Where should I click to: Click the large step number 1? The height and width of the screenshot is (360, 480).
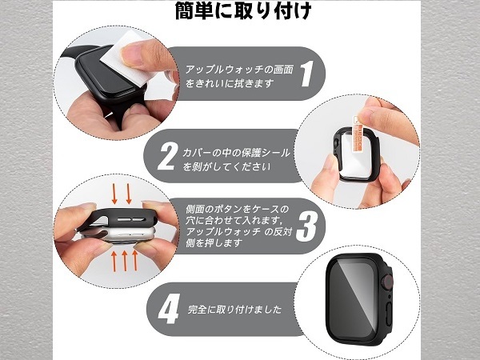click(306, 73)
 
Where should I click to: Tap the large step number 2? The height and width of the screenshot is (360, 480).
click(167, 157)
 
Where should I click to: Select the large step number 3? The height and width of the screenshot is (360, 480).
click(306, 226)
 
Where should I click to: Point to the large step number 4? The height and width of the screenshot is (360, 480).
click(169, 309)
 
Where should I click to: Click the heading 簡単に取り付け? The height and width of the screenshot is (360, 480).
click(243, 10)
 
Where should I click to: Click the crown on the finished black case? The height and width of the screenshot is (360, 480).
click(387, 281)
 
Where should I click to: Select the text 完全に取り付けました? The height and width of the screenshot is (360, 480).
click(234, 309)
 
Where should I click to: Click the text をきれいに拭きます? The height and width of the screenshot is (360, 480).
click(230, 83)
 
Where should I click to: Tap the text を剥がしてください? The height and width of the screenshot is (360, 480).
click(226, 167)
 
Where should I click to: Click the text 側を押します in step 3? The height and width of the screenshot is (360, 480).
click(214, 242)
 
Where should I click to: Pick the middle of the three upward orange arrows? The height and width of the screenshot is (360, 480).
click(125, 261)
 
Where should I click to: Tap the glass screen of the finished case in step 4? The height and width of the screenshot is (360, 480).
click(354, 298)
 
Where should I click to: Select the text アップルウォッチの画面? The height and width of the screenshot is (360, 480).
click(239, 69)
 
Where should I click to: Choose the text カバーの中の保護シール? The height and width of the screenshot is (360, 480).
click(236, 153)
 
